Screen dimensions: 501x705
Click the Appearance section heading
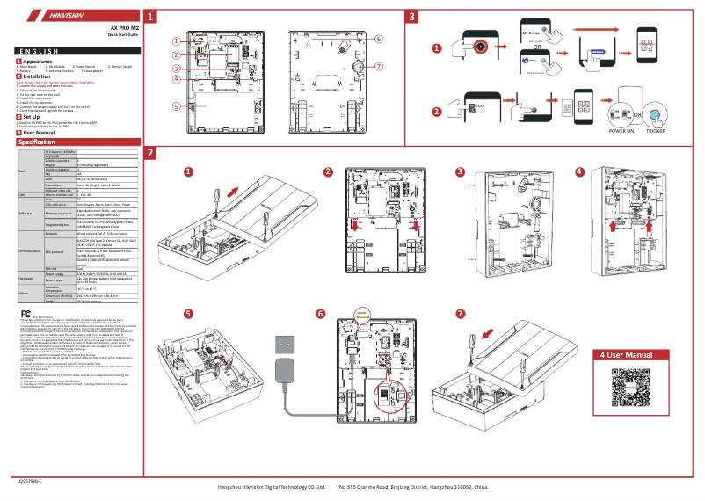tap(37, 61)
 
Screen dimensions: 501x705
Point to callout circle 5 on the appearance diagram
tap(176, 105)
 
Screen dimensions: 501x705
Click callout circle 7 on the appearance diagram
tap(379, 67)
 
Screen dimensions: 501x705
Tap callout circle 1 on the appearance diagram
tap(176, 41)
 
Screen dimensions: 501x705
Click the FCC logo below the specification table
tap(27, 313)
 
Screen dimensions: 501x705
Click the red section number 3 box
tap(412, 17)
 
